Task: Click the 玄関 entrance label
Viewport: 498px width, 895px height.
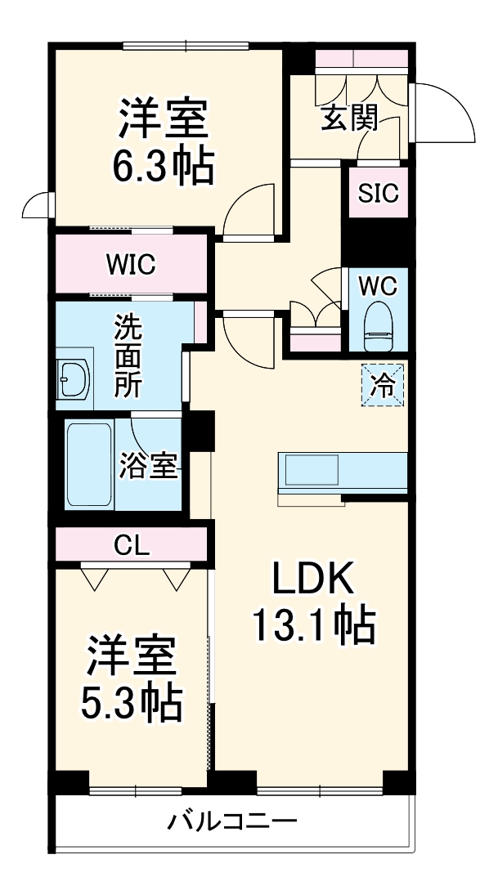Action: click(348, 119)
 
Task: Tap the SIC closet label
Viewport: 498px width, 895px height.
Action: click(378, 194)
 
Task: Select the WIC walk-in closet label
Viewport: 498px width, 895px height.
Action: click(130, 265)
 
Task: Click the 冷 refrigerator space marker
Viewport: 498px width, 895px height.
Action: click(383, 384)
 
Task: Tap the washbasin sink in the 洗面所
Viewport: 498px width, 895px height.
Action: click(74, 379)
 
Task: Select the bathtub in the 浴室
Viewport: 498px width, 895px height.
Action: click(88, 463)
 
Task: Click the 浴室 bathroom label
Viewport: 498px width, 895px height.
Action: click(148, 466)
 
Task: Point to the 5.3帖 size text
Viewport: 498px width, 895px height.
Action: click(131, 701)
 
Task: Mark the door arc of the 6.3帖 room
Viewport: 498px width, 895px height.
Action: click(249, 210)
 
